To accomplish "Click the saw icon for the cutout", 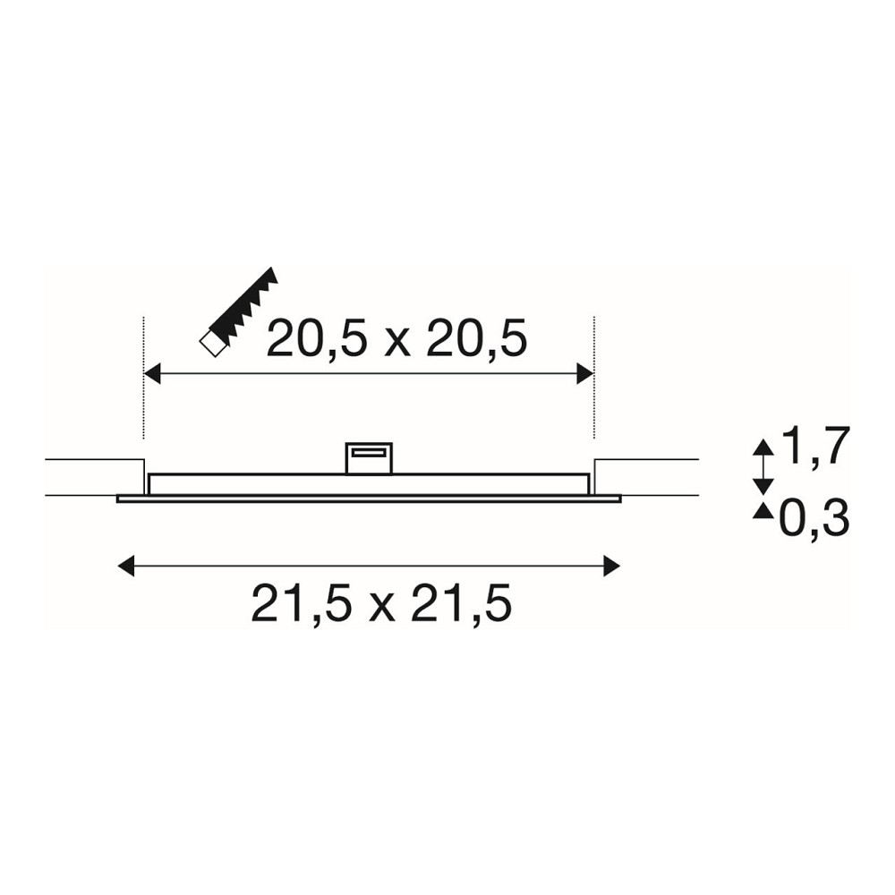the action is click(239, 311).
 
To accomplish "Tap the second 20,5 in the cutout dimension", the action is click(477, 339).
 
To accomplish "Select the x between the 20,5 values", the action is click(397, 345).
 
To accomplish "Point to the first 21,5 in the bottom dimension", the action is click(301, 602).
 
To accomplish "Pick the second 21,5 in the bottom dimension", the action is click(461, 602).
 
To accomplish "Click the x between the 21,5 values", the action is click(381, 609).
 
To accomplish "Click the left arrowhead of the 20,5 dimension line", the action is click(152, 374).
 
